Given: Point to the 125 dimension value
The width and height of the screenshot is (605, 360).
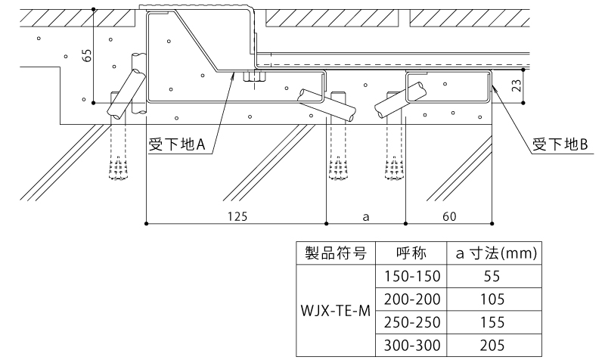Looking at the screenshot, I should point(237,216).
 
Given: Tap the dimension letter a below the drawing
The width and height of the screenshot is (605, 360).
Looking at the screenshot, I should point(365,216).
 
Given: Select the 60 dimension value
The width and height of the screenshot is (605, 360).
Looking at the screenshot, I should point(449,216).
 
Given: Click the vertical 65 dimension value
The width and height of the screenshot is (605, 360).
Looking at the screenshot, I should point(85,56).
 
